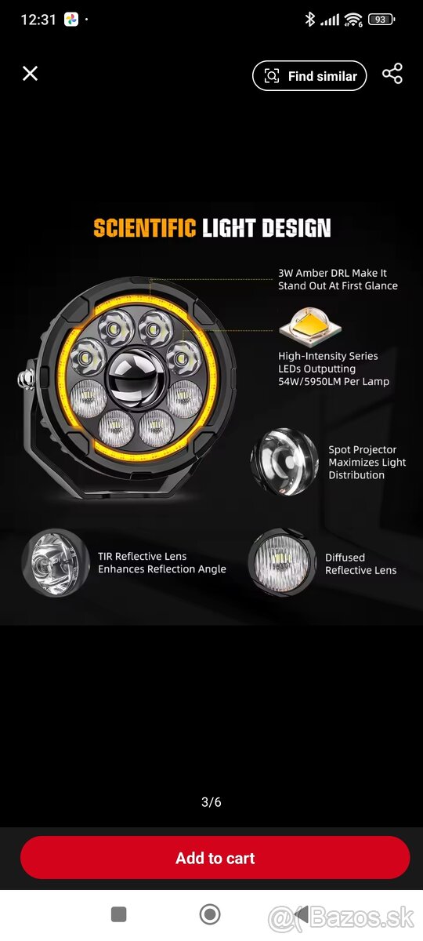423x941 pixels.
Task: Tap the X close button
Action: click(31, 74)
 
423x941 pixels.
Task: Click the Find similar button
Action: click(309, 76)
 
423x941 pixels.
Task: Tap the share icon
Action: click(392, 74)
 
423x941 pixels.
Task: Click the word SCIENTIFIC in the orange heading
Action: click(144, 228)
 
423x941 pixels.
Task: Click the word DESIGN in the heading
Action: click(296, 228)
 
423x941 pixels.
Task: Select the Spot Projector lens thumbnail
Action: click(284, 462)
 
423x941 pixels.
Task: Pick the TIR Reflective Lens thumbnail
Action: click(55, 564)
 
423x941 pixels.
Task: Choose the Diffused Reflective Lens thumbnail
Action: click(281, 563)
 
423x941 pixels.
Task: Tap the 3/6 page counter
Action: click(211, 802)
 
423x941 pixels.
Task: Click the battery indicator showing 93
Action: click(381, 20)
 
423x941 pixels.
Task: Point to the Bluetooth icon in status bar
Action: click(309, 19)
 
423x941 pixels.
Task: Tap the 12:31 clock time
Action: click(38, 20)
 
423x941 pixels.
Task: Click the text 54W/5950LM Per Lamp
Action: click(334, 381)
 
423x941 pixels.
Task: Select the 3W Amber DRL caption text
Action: click(338, 279)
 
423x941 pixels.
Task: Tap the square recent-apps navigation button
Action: click(119, 914)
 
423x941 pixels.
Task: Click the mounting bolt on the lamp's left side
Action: click(26, 380)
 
